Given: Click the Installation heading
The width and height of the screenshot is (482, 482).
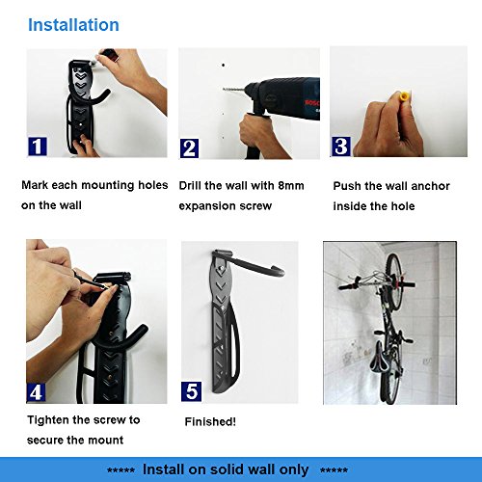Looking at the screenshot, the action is (x=73, y=25).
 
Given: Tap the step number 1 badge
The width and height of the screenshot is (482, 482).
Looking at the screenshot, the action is (x=38, y=147).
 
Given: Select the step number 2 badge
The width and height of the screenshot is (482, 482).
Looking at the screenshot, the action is (x=189, y=148).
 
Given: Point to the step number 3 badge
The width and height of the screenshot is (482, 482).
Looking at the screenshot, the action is (x=341, y=147).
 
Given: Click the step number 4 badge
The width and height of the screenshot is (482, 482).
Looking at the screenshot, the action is (x=36, y=392).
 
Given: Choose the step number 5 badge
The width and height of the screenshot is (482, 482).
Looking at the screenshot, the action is (x=191, y=391).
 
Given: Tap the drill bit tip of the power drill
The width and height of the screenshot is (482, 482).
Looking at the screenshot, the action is (x=224, y=89).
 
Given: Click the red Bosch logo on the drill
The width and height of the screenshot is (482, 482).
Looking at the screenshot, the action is (x=312, y=103).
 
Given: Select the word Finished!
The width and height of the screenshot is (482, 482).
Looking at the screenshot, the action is (x=210, y=421).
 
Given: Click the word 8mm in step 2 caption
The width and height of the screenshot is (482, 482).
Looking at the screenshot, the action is (x=291, y=186).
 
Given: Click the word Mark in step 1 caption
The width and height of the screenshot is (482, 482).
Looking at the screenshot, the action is (x=35, y=185).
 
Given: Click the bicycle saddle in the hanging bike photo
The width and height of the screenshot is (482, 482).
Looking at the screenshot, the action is (x=378, y=361).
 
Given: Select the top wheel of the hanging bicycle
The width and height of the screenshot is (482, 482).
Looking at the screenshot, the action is (x=393, y=281).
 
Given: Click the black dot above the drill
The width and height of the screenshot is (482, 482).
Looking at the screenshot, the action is (x=223, y=66).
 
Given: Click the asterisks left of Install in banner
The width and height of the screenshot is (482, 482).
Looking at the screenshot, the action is (x=120, y=470).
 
